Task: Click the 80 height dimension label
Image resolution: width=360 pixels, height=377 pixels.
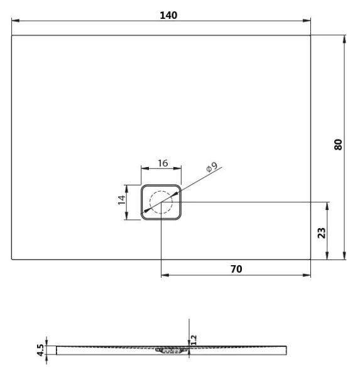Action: point(339,144)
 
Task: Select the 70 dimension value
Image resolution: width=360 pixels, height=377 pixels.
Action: point(236,268)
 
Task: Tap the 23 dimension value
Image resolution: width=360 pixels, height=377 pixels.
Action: point(322,232)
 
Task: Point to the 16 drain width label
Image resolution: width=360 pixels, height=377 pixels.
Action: point(161,163)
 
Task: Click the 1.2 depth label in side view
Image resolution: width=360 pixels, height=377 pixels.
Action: point(194,339)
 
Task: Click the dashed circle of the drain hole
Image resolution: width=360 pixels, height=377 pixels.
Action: point(161,202)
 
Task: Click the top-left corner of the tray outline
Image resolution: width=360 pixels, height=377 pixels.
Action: point(13,35)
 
